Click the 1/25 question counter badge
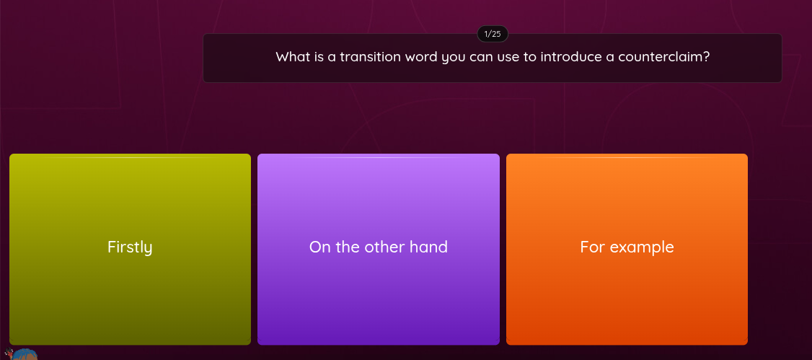[x=493, y=34]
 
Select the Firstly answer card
[x=130, y=249]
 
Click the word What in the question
[x=292, y=56]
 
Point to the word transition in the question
[x=370, y=56]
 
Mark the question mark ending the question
[x=707, y=56]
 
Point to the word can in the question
[x=481, y=56]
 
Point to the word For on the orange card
[x=592, y=247]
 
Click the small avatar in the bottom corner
[x=24, y=354]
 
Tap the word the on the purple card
[x=348, y=247]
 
